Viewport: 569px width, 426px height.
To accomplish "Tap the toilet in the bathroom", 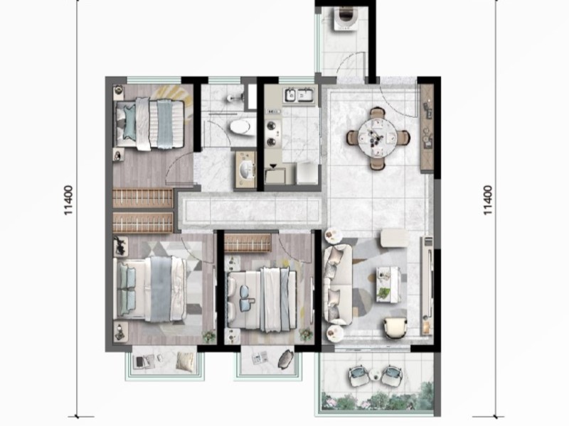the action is click(241, 127).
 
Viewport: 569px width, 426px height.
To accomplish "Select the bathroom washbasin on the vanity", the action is click(247, 169).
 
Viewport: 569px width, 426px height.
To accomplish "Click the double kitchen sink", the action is click(299, 95).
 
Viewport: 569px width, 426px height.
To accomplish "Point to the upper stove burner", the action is click(271, 126).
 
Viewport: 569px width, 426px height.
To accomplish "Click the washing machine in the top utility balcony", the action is click(346, 18).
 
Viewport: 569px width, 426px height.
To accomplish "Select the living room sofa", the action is click(337, 284).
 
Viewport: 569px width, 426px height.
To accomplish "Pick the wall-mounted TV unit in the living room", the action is click(427, 286).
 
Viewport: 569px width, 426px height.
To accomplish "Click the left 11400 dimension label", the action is click(68, 200).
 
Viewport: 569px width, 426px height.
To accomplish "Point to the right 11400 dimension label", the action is click(489, 200).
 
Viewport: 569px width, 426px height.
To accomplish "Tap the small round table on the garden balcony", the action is click(376, 376).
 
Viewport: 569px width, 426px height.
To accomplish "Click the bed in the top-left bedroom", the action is click(150, 123).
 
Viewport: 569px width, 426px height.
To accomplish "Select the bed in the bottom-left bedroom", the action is click(150, 289).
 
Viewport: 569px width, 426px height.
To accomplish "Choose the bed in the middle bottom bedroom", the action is click(262, 299).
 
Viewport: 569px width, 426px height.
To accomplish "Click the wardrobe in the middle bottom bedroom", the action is click(248, 243).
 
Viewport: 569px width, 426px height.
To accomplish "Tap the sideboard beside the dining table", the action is click(427, 128).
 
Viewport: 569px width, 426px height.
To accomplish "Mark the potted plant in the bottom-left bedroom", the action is click(208, 337).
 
